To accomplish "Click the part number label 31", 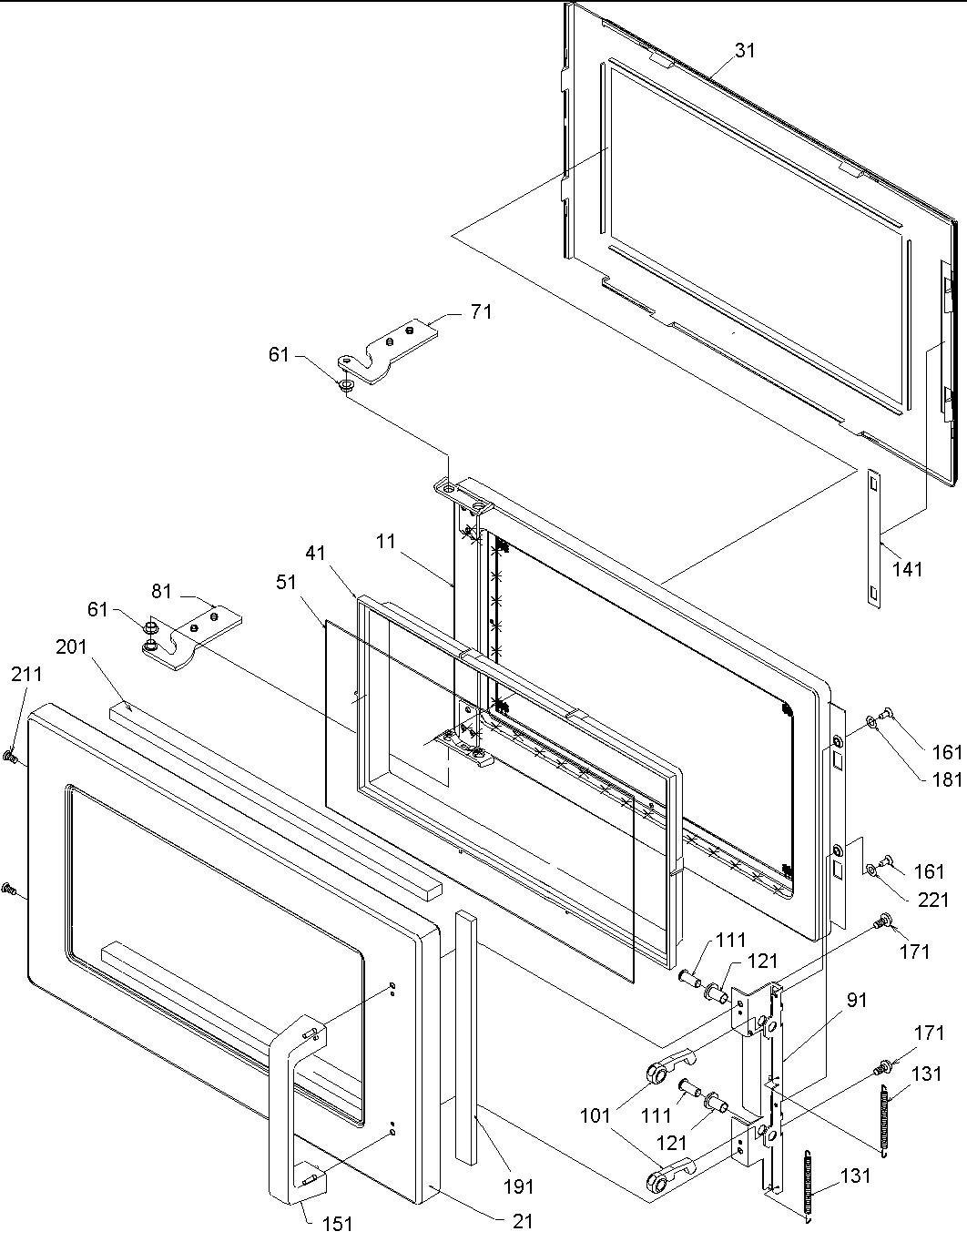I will pos(745,51).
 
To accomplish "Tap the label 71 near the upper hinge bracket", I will pos(481,312).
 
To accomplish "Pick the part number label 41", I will pos(315,553).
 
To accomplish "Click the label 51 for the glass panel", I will pos(286,582).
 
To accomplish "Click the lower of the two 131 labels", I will pos(856,1176).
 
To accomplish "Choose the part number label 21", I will pos(522,1221).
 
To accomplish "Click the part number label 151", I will pos(337,1225).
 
